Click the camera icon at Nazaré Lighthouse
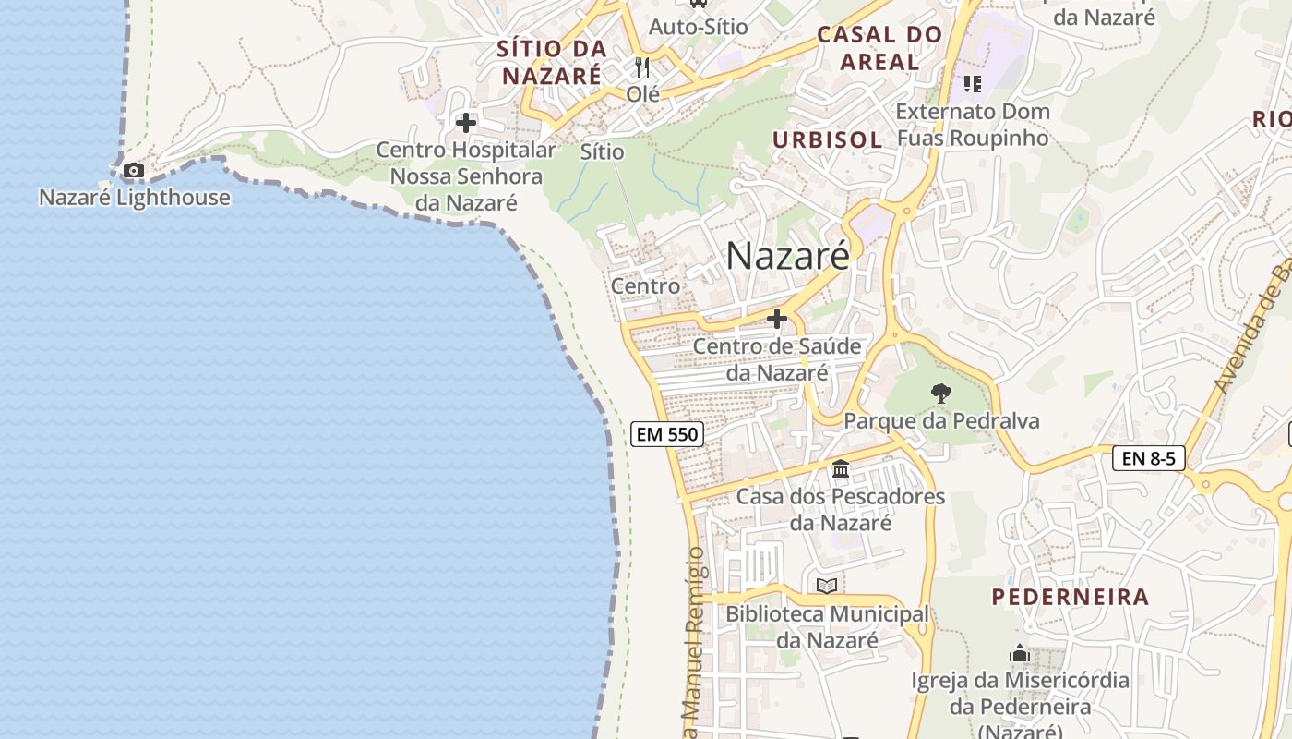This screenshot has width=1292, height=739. pyautogui.click(x=134, y=171)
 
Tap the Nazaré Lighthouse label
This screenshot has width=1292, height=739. pyautogui.click(x=135, y=198)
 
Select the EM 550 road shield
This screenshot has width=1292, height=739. pyautogui.click(x=667, y=433)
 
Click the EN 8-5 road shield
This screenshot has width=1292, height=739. pyautogui.click(x=1148, y=457)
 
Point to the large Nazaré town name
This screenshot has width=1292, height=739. pyautogui.click(x=787, y=256)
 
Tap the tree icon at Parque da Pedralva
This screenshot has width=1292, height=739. pyautogui.click(x=940, y=394)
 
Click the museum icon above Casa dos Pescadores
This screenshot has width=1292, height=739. pyautogui.click(x=841, y=469)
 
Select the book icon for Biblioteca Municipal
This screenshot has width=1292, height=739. pyautogui.click(x=827, y=586)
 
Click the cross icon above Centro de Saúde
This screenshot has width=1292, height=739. pyautogui.click(x=777, y=320)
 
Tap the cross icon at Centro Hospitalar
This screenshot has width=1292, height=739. pyautogui.click(x=466, y=122)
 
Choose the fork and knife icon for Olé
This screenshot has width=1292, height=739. pyautogui.click(x=642, y=67)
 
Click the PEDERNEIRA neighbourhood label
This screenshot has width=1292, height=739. pyautogui.click(x=1071, y=597)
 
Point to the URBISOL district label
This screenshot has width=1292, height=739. pyautogui.click(x=827, y=139)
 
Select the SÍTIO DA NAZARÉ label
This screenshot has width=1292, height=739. pyautogui.click(x=552, y=62)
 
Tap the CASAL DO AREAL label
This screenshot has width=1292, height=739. pyautogui.click(x=879, y=49)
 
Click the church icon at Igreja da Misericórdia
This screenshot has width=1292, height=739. pyautogui.click(x=1020, y=654)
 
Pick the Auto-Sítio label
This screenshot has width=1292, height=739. pyautogui.click(x=698, y=27)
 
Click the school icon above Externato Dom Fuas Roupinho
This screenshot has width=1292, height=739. pyautogui.click(x=972, y=84)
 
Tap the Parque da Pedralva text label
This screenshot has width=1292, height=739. pyautogui.click(x=941, y=421)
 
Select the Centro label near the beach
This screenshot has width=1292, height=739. pyautogui.click(x=646, y=286)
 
